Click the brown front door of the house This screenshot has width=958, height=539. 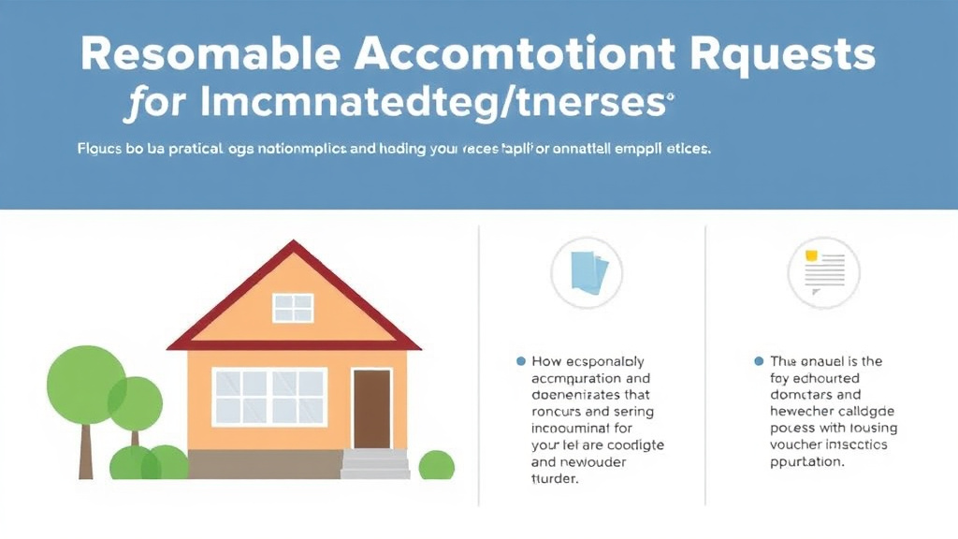tap(371, 409)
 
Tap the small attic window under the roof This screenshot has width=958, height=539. tap(293, 307)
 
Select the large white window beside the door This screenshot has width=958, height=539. tap(269, 397)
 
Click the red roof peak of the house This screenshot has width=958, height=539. tap(294, 251)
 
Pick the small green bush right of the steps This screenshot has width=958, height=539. tap(436, 465)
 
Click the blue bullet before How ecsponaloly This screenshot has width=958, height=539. tap(520, 361)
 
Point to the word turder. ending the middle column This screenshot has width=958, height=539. tap(555, 479)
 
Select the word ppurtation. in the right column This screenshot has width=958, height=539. tap(806, 462)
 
